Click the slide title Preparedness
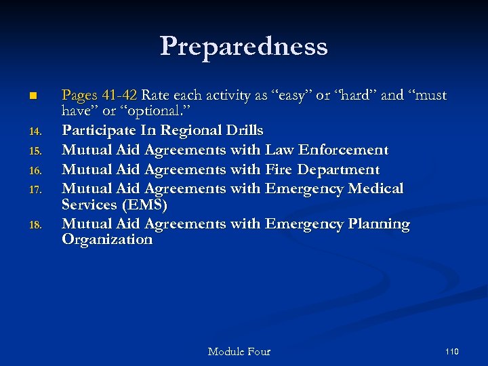(x=244, y=46)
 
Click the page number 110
(x=452, y=351)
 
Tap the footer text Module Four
(x=239, y=351)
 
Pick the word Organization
(x=106, y=239)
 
